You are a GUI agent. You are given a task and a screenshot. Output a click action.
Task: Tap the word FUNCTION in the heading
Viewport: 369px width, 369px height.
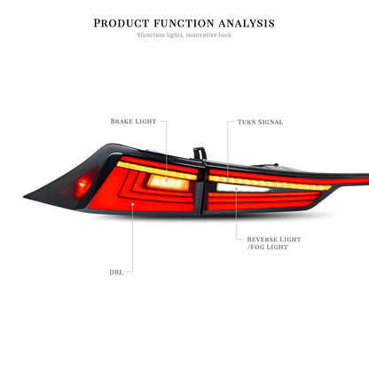(x=184, y=23)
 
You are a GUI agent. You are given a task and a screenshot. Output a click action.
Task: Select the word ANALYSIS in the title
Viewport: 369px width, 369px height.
(x=247, y=23)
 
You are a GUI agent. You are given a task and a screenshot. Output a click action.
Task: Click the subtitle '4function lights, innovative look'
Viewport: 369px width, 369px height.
(x=184, y=35)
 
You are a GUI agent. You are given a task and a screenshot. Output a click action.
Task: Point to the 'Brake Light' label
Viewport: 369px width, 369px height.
(x=133, y=122)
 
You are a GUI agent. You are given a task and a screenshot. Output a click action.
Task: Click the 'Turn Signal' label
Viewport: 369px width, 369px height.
(x=260, y=122)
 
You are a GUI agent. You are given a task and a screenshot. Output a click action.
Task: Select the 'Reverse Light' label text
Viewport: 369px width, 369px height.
(x=274, y=239)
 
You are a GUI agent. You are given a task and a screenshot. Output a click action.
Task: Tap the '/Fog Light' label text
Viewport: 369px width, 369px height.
(x=267, y=247)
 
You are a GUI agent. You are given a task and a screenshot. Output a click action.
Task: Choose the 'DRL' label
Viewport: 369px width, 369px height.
(x=116, y=272)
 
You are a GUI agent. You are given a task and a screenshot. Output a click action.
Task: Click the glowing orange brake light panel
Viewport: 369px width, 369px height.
(x=168, y=182)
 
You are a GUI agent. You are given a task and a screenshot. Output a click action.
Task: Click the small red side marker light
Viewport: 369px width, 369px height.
(x=82, y=184)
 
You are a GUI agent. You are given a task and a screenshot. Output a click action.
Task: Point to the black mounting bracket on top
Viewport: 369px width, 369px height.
(x=200, y=153)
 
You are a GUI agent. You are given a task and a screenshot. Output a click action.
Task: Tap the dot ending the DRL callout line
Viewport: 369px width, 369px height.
(x=133, y=204)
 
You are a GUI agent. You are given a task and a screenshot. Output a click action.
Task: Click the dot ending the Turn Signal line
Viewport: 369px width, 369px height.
(x=228, y=179)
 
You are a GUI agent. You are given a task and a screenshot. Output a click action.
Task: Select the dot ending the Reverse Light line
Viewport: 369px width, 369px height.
(x=236, y=188)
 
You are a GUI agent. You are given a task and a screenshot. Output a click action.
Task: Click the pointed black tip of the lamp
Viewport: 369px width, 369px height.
(x=24, y=196)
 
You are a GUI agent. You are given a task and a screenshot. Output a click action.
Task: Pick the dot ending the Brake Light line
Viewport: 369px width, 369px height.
(x=166, y=179)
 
